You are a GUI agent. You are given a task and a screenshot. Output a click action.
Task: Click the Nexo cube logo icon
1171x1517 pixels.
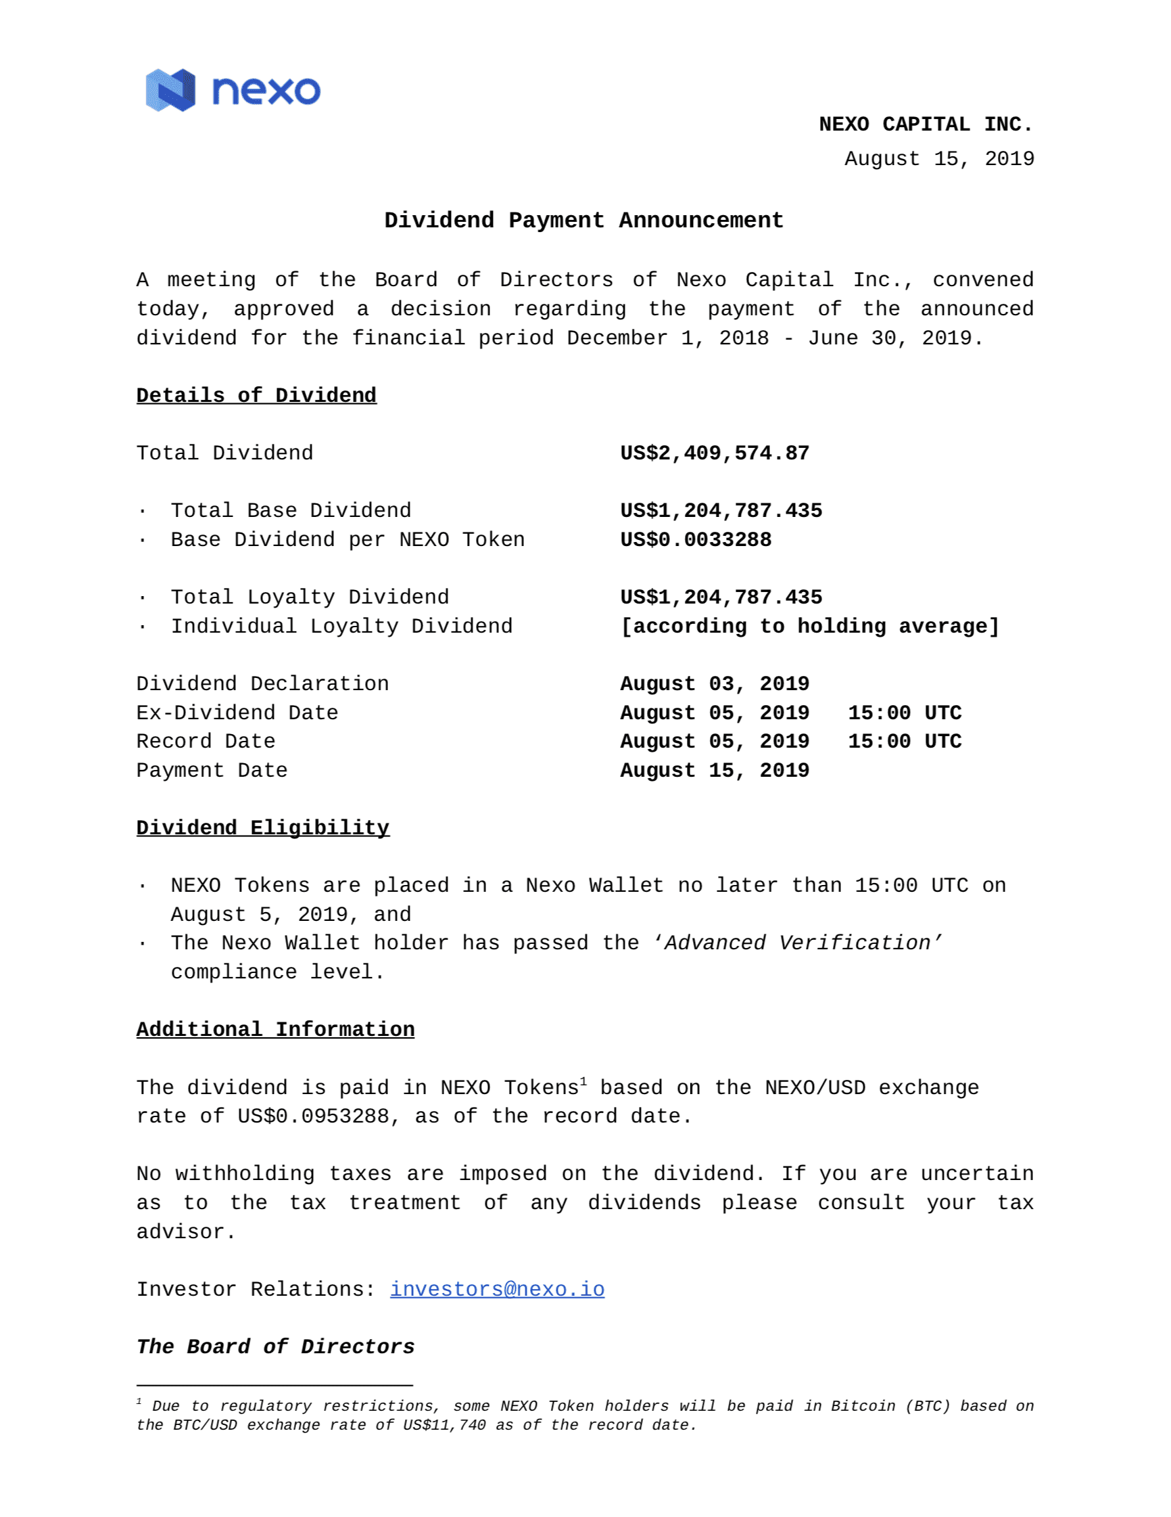pos(170,90)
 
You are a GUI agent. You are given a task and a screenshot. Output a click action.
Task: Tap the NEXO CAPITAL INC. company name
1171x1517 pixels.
pos(926,124)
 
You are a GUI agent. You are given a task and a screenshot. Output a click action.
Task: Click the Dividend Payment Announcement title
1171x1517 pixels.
pos(583,220)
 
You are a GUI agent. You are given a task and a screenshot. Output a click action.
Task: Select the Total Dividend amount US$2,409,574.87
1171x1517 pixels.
pos(714,453)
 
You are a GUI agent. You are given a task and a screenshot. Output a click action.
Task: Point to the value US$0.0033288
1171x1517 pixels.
pos(696,540)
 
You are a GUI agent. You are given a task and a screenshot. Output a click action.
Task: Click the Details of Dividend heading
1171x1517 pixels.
pos(256,395)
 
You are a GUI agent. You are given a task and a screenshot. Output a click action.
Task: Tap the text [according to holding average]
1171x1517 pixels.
pos(809,627)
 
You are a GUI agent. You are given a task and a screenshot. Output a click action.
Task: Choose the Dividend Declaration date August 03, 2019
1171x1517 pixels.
pos(714,684)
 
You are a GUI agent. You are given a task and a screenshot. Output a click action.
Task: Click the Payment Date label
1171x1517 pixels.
pos(212,770)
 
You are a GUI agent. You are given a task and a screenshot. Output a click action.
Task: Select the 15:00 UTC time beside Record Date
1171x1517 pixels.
pos(905,741)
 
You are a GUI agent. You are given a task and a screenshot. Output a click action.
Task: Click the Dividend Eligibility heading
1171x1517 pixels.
pos(262,828)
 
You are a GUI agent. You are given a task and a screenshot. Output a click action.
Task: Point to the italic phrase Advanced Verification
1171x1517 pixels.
pos(797,943)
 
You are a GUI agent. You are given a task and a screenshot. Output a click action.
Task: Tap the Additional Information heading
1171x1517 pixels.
pos(275,1029)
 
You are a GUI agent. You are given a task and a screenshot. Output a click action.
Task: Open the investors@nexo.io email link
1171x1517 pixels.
pos(497,1289)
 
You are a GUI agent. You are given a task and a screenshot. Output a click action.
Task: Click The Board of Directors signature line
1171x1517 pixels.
pos(275,1346)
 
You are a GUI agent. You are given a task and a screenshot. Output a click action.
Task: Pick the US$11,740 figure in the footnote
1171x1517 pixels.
pos(444,1425)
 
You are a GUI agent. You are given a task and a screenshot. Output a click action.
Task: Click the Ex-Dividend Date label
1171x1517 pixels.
pos(237,712)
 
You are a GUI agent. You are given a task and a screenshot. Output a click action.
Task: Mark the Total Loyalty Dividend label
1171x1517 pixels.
pos(310,597)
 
